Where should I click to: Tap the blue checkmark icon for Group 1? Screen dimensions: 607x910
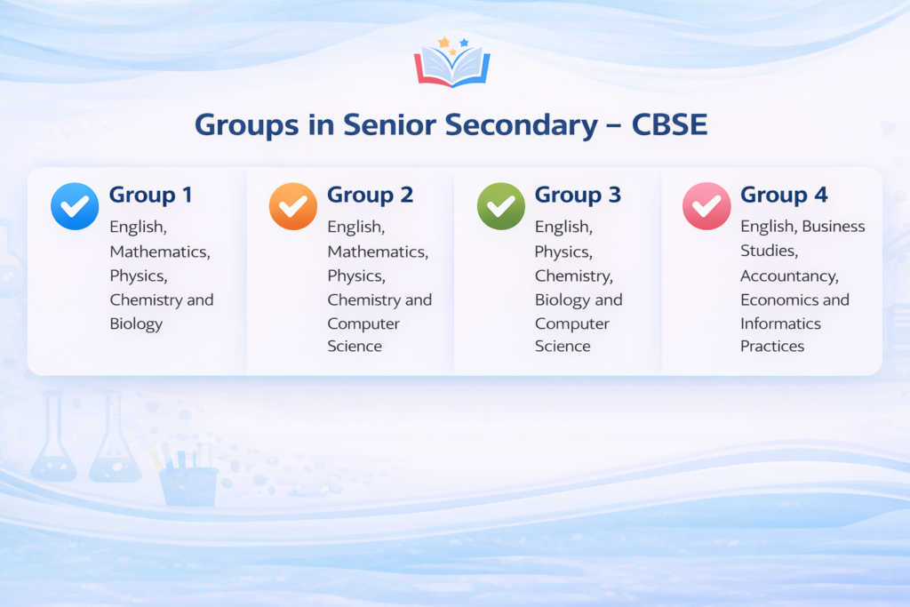click(x=75, y=206)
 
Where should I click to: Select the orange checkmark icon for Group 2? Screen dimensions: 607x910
click(x=292, y=206)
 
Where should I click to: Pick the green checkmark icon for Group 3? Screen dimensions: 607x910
click(x=501, y=206)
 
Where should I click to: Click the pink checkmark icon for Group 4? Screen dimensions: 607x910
click(x=706, y=206)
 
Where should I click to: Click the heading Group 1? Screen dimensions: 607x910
click(x=150, y=195)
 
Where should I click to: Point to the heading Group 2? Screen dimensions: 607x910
click(x=370, y=195)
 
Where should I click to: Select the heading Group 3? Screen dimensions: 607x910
click(x=578, y=195)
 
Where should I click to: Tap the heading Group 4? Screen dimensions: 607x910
click(x=783, y=195)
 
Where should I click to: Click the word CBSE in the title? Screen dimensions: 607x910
click(x=669, y=124)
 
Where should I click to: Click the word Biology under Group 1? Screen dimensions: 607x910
click(x=136, y=323)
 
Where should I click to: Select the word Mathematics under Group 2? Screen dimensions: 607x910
click(x=377, y=252)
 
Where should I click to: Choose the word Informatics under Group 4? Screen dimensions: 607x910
click(x=780, y=323)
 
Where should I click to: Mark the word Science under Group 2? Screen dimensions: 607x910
click(x=355, y=347)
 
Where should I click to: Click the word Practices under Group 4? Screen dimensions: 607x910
click(x=772, y=347)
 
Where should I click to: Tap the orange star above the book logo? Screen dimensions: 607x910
click(x=443, y=42)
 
